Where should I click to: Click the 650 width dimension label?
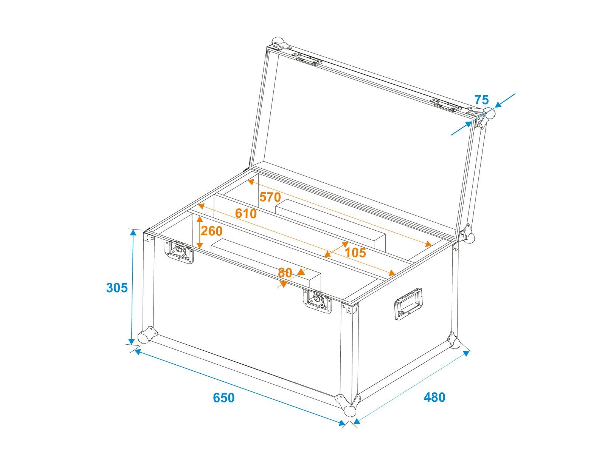pyautogui.click(x=223, y=398)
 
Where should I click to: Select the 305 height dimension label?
pyautogui.click(x=117, y=288)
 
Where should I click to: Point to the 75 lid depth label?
pyautogui.click(x=481, y=100)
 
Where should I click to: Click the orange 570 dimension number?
pyautogui.click(x=270, y=197)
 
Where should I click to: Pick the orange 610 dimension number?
pyautogui.click(x=245, y=214)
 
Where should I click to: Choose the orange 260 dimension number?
pyautogui.click(x=211, y=231)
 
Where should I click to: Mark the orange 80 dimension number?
pyautogui.click(x=285, y=273)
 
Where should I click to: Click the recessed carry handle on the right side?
pyautogui.click(x=408, y=304)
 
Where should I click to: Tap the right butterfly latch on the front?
pyautogui.click(x=318, y=301)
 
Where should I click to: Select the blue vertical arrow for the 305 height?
pyautogui.click(x=133, y=287)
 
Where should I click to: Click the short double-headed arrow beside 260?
pyautogui.click(x=200, y=233)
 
